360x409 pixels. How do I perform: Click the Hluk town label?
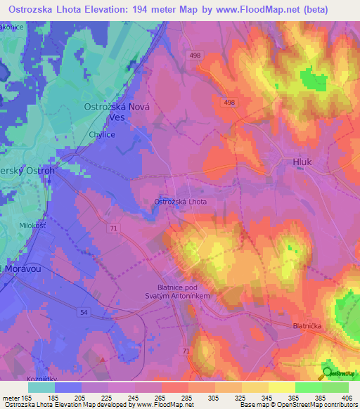302,162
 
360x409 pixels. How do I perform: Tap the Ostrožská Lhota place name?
180,202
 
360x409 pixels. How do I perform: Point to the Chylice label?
102,134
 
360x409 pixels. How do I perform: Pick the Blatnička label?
310,326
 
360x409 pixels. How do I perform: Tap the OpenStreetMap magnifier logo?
328,373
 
